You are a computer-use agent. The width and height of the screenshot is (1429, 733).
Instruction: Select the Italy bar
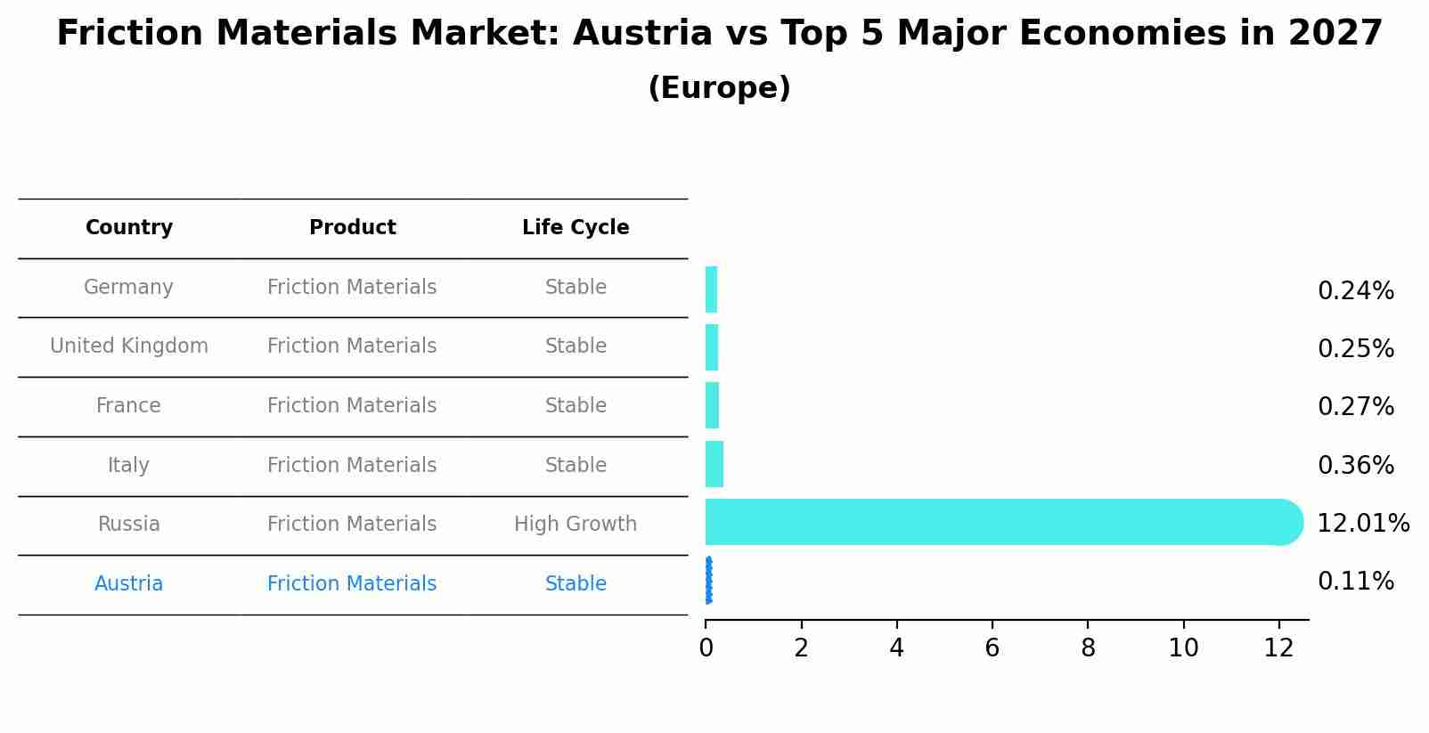point(714,464)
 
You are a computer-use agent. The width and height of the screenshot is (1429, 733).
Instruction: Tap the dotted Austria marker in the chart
point(708,581)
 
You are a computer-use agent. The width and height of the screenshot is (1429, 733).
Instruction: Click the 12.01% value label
point(1362,524)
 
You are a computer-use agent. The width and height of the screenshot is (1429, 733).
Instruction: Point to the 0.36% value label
point(1355,466)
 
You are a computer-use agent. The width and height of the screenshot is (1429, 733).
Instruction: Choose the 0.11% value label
point(1355,582)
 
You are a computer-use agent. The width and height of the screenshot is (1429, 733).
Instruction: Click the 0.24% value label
point(1355,291)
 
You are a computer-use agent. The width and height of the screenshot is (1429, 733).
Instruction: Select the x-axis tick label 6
point(992,648)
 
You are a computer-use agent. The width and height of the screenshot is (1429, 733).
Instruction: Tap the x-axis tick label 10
point(1183,648)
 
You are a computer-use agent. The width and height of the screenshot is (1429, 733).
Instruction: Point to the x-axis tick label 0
point(706,648)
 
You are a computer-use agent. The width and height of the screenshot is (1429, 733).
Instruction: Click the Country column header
point(129,228)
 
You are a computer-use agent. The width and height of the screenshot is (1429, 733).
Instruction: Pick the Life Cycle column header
point(576,228)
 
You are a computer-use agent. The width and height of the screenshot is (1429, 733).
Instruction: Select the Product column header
point(352,228)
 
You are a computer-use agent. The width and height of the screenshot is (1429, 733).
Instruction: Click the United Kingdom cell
point(129,346)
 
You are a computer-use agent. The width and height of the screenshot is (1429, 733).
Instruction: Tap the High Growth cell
point(576,525)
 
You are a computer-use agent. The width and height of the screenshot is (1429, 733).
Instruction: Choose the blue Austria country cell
point(129,584)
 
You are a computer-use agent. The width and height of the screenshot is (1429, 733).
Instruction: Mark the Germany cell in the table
point(129,288)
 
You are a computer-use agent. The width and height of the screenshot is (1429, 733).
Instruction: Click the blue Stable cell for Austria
point(576,584)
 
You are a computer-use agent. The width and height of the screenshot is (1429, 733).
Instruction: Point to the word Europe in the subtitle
point(719,88)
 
